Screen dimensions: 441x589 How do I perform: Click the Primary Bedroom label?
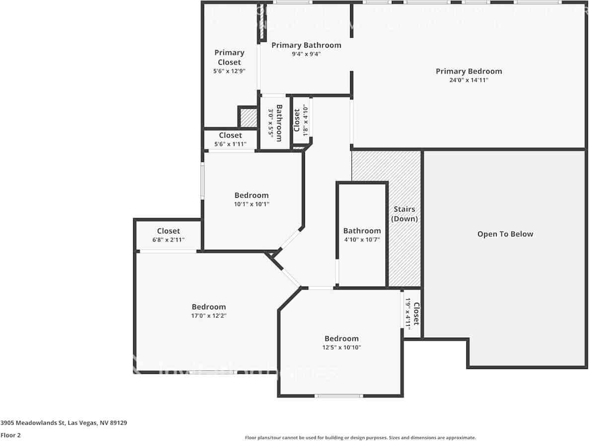[x=469, y=71]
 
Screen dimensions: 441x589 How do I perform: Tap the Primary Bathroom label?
[x=306, y=45]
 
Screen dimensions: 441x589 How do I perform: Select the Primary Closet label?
[x=229, y=57]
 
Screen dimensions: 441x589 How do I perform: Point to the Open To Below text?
[x=505, y=234]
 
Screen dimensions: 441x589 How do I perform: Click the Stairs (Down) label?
[x=404, y=214]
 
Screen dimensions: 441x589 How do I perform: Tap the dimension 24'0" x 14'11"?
[x=469, y=80]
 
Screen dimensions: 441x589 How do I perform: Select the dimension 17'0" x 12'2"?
[x=209, y=315]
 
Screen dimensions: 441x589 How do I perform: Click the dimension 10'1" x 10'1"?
[x=251, y=204]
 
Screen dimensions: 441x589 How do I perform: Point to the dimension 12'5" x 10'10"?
[x=341, y=347]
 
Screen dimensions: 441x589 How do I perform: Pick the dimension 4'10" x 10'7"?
[x=362, y=239]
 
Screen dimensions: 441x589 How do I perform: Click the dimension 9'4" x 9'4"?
[x=306, y=54]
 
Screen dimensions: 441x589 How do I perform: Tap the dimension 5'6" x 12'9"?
[x=229, y=71]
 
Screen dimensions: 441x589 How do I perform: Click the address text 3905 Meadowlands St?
[x=64, y=423]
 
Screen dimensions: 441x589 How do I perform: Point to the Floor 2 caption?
[x=11, y=435]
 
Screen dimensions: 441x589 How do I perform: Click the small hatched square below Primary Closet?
[x=247, y=117]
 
